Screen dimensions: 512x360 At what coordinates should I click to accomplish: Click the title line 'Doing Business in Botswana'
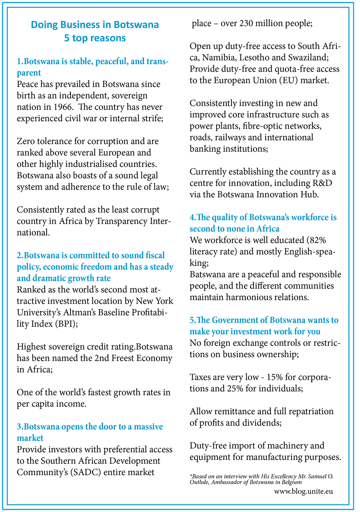tap(95, 25)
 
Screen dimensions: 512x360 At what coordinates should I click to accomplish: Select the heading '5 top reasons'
tap(95, 38)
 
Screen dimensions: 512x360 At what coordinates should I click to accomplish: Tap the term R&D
tap(322, 183)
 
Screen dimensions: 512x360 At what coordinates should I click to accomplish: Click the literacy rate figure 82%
tap(316, 241)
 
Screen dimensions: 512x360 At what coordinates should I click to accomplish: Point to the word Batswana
tap(207, 275)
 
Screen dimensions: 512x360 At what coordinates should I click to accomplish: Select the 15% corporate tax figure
tap(275, 377)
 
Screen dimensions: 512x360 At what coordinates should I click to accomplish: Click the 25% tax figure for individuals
tap(235, 389)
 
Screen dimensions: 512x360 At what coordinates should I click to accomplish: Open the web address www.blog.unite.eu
tap(303, 491)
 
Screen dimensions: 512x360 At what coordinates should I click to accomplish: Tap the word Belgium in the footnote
tap(292, 482)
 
